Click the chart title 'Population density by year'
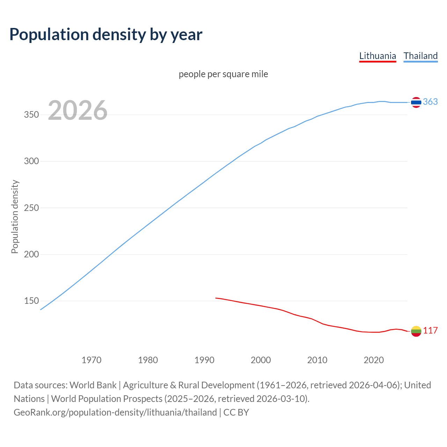click(106, 35)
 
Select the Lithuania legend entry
click(378, 56)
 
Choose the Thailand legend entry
click(420, 56)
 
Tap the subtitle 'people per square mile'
click(223, 74)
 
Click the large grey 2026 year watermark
click(78, 110)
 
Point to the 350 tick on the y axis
click(31, 115)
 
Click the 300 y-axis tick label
click(31, 161)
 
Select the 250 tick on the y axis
click(31, 208)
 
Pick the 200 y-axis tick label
click(31, 254)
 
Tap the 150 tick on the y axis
click(31, 301)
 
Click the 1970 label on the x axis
click(91, 360)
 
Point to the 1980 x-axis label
click(148, 360)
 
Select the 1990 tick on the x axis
click(204, 360)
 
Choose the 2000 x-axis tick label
click(261, 360)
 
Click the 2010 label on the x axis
click(317, 360)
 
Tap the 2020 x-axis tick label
click(374, 360)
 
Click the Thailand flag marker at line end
click(416, 102)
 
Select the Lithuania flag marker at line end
click(416, 331)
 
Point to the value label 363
click(430, 102)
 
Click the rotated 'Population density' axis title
click(15, 217)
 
